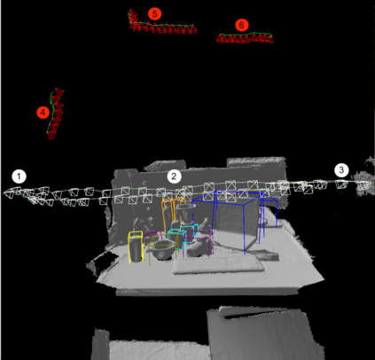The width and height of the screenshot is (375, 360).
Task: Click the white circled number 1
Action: coord(20,176)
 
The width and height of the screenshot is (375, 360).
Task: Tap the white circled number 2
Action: coord(174,176)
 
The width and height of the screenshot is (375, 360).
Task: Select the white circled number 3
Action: coord(341,170)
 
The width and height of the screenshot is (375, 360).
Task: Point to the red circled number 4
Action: coord(43,113)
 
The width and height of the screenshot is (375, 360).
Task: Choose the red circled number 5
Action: coord(154,13)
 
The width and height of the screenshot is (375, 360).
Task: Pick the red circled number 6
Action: coord(241,25)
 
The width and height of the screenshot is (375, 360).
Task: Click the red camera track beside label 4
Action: coord(55,113)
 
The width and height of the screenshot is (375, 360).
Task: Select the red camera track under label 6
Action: coord(245,38)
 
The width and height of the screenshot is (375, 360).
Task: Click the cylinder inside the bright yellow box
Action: coord(136,248)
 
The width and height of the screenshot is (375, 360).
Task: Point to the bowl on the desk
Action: coord(162,250)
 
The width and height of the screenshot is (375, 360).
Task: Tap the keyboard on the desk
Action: coord(218,264)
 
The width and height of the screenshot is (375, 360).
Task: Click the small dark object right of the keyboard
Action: coord(269,256)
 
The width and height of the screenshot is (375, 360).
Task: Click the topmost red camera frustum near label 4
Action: coord(59,92)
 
